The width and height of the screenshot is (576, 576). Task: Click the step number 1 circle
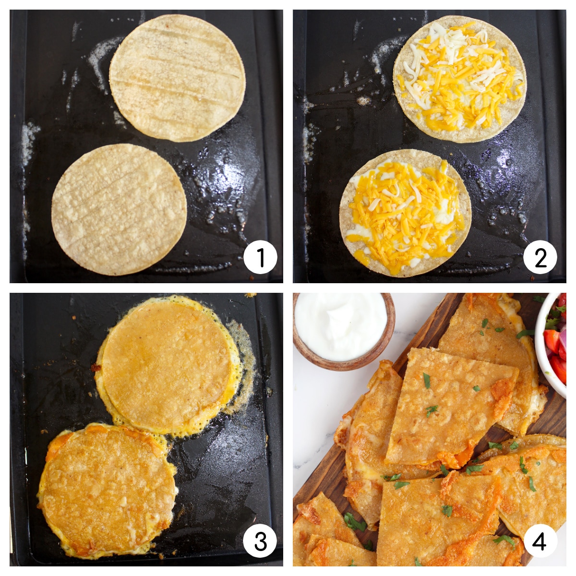tap(260, 257)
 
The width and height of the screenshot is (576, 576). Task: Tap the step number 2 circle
tap(540, 257)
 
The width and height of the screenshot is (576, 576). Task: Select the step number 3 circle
tap(260, 541)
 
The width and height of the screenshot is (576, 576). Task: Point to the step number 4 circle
tap(540, 541)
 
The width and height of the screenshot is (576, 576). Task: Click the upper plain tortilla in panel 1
tap(177, 78)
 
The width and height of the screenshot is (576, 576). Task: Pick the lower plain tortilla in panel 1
tap(119, 209)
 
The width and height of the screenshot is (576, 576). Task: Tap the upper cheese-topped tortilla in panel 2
tap(459, 79)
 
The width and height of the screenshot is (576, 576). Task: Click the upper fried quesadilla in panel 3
tap(167, 366)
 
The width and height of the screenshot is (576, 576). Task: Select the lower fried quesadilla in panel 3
tap(108, 491)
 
